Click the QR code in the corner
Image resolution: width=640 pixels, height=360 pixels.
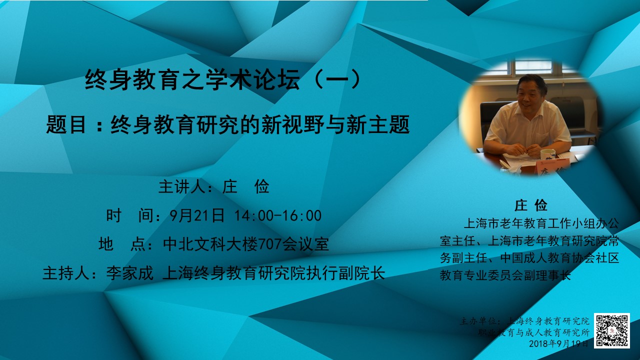(611, 331)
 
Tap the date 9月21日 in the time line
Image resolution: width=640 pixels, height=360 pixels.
(197, 215)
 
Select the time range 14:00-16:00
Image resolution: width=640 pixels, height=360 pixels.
(278, 215)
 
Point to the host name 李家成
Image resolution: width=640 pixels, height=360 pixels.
(130, 273)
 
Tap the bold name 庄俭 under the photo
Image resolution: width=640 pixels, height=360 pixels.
(531, 205)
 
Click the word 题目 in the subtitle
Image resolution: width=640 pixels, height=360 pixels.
(66, 124)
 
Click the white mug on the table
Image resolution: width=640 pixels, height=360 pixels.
(547, 154)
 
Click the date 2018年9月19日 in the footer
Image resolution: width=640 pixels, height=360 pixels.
(558, 343)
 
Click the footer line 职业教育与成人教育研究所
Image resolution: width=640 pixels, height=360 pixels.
(533, 332)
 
